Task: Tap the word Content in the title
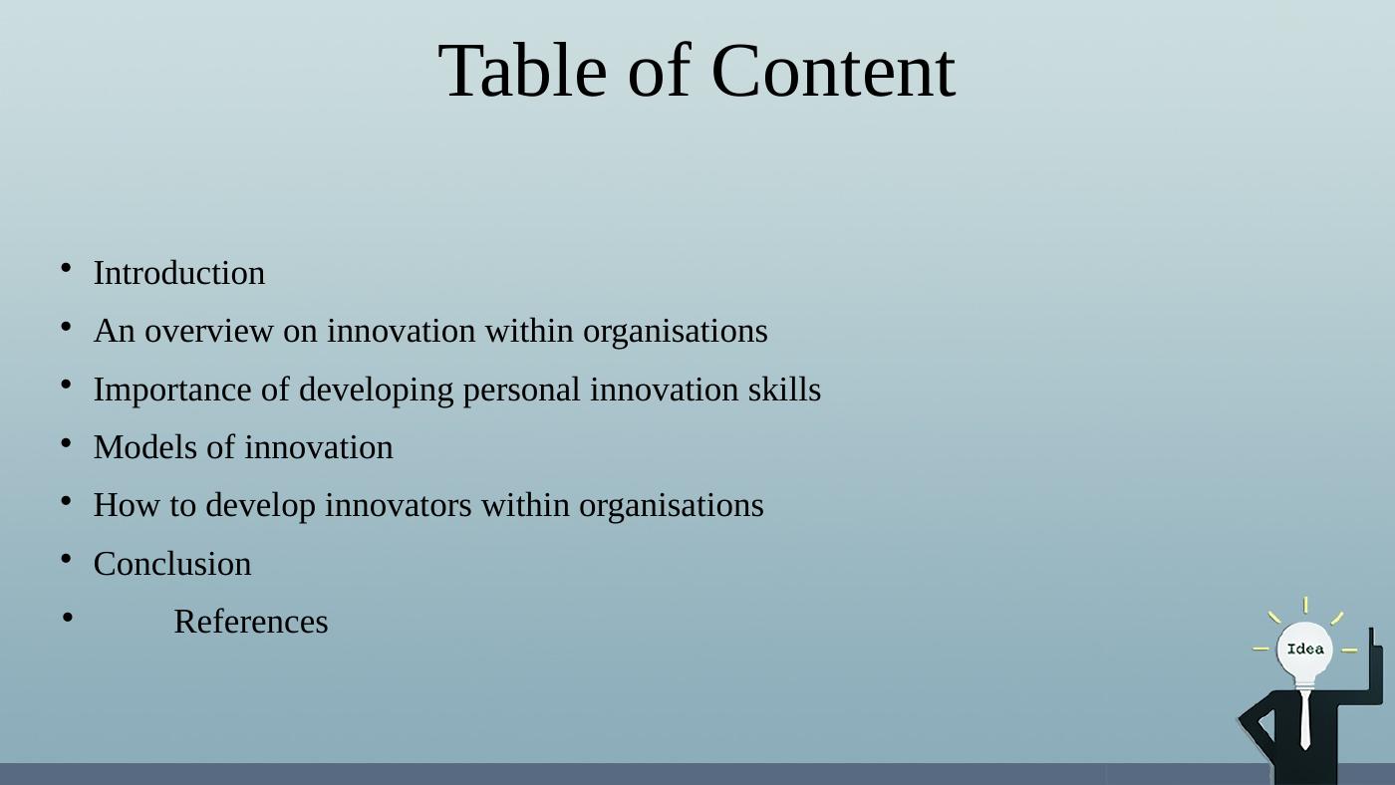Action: point(833,72)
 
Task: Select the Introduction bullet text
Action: point(179,273)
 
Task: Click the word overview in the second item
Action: point(209,331)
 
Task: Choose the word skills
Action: point(784,390)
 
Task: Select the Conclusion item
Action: point(172,564)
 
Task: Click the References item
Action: point(251,622)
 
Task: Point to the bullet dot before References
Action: point(67,618)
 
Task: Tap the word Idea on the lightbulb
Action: point(1305,650)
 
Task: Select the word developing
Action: point(378,390)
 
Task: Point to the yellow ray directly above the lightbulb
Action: point(1305,605)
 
